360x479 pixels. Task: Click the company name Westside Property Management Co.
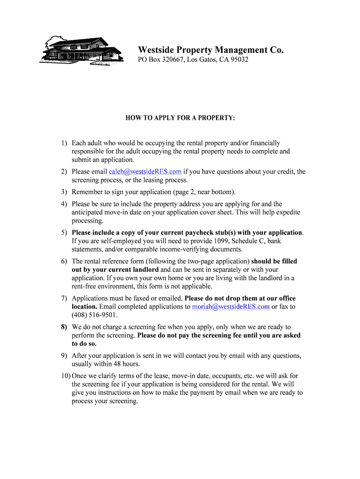click(x=210, y=50)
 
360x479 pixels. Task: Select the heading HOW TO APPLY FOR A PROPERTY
click(x=180, y=118)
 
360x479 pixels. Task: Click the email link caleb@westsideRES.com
click(x=145, y=172)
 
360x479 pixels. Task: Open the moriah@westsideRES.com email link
click(x=230, y=307)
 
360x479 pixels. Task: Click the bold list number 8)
click(x=64, y=327)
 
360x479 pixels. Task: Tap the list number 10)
click(x=65, y=376)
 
